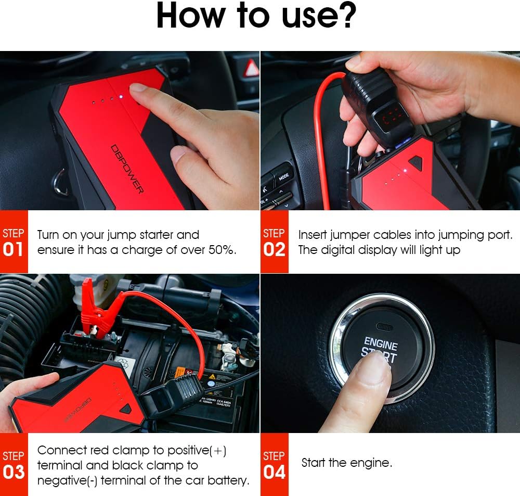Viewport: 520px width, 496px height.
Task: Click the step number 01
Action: tap(14, 250)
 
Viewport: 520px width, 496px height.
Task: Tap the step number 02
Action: tap(274, 250)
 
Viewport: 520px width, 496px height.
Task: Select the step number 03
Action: tap(14, 472)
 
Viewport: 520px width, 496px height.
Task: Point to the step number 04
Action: tap(274, 472)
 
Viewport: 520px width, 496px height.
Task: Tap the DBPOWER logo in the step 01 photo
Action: tap(127, 169)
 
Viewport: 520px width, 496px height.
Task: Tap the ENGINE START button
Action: tap(381, 349)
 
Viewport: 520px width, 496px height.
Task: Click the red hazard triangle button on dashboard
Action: tap(252, 68)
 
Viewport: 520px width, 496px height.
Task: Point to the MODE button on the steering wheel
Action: tap(283, 176)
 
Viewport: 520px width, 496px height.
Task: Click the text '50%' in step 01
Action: tap(222, 250)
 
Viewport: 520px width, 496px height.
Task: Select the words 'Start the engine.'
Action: tap(347, 463)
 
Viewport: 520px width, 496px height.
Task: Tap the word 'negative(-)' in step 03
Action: tap(67, 480)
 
